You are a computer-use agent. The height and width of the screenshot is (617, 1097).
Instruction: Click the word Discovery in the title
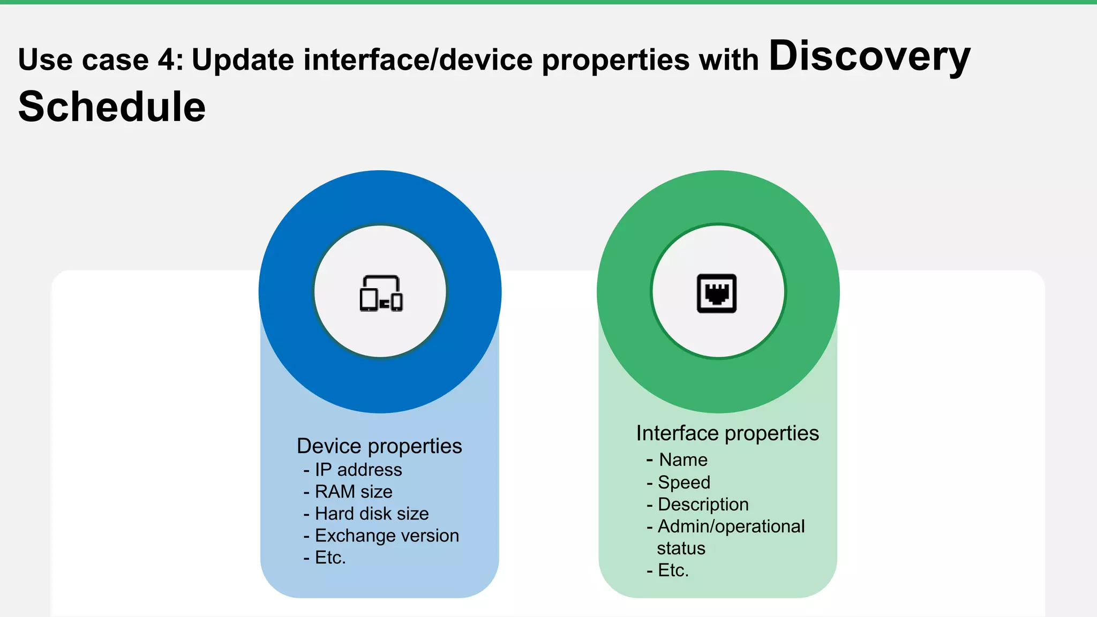click(x=869, y=57)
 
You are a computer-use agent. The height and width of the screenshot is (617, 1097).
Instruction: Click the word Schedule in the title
click(x=112, y=107)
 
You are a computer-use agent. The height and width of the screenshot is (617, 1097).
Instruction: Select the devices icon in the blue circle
click(x=381, y=293)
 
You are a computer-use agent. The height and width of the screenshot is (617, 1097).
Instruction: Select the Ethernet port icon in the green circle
click(x=717, y=293)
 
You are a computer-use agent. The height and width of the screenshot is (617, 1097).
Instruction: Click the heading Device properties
click(x=379, y=446)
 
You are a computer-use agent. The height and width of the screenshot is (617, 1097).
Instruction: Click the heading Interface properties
click(x=727, y=433)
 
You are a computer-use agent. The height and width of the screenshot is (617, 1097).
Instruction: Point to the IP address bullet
click(x=358, y=470)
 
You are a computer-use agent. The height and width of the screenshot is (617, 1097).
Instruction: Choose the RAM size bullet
click(x=354, y=492)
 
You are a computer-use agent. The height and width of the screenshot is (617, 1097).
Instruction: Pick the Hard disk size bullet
click(x=372, y=514)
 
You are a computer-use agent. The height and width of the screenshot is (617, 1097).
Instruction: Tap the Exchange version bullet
click(x=387, y=536)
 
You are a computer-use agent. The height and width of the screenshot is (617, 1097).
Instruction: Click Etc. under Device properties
click(x=330, y=558)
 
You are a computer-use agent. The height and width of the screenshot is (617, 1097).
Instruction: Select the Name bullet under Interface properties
click(x=683, y=460)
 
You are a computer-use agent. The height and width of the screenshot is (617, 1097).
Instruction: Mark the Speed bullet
click(x=684, y=483)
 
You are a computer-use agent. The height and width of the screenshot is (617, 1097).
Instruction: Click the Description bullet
click(x=703, y=505)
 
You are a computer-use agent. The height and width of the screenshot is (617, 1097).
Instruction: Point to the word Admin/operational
click(x=731, y=526)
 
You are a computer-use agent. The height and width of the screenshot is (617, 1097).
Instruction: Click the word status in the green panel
click(x=681, y=548)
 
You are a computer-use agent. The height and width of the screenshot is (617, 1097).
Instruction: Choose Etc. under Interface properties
click(x=673, y=570)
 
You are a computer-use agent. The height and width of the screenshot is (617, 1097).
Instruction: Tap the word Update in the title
click(x=243, y=59)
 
